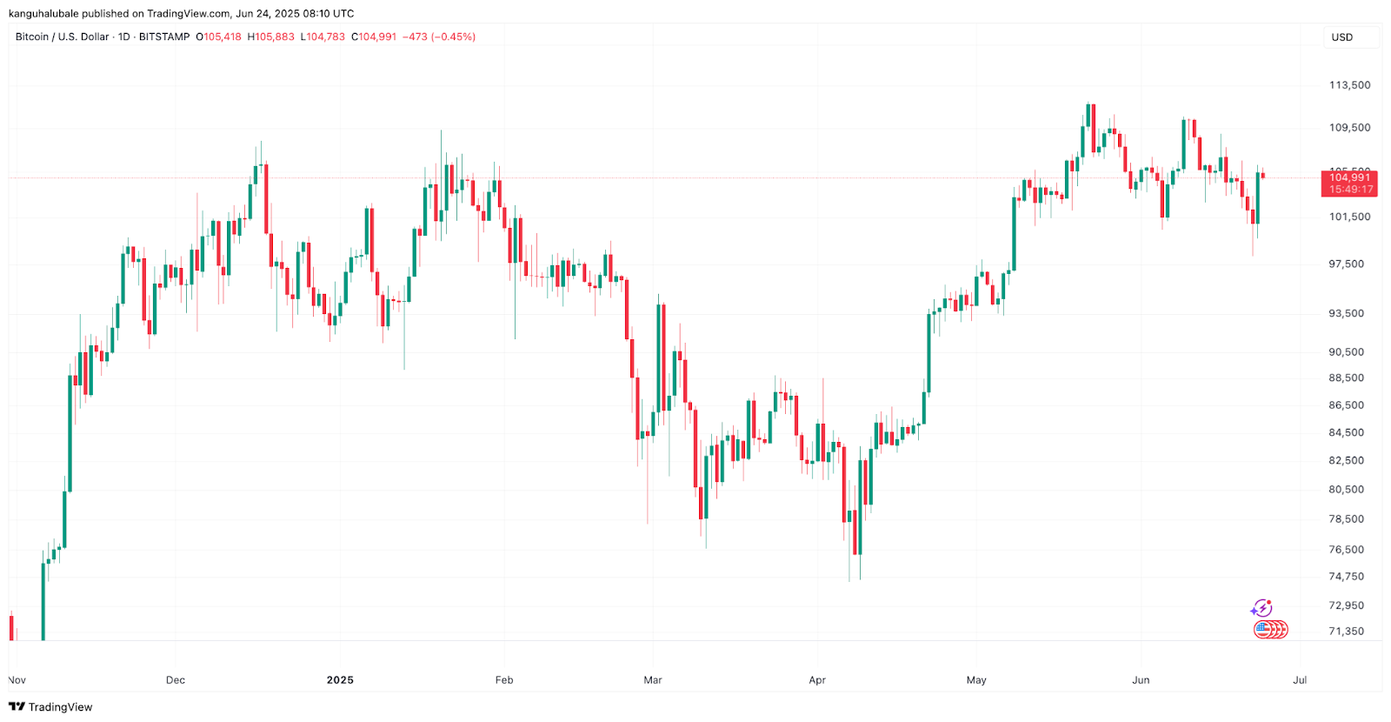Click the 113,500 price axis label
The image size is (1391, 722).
[1349, 85]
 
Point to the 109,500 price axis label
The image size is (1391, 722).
[1349, 128]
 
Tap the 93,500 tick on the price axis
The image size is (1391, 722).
[1347, 314]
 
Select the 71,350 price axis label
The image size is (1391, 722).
[1347, 632]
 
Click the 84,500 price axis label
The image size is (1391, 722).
[1347, 433]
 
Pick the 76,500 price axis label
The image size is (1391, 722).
[1347, 550]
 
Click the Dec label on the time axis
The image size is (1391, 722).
[176, 680]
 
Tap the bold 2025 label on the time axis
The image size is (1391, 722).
[340, 680]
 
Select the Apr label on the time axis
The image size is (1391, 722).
[817, 680]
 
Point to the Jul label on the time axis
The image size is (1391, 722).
[1300, 680]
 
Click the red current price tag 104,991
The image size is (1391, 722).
[1349, 177]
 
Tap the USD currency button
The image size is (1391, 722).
[1342, 37]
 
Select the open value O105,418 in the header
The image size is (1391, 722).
[219, 37]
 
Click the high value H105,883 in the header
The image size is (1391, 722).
[271, 37]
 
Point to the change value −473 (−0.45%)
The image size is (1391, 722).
[439, 37]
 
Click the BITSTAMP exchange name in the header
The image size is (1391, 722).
[164, 37]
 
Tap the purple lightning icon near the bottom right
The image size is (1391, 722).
[1261, 608]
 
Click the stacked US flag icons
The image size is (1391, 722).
[1270, 629]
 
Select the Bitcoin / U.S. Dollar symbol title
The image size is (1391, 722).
[63, 37]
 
